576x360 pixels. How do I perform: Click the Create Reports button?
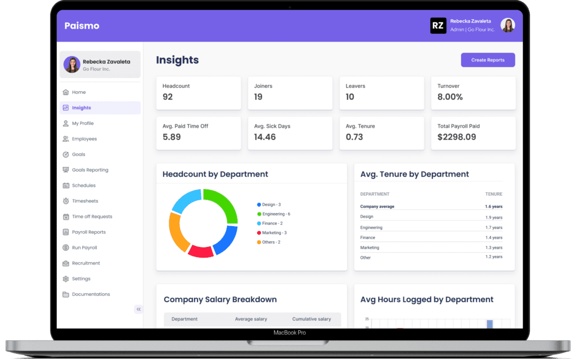pyautogui.click(x=488, y=60)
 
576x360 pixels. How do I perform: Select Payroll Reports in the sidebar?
pyautogui.click(x=88, y=232)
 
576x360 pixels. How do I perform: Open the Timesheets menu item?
pyautogui.click(x=84, y=201)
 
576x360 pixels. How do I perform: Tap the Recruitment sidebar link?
pyautogui.click(x=85, y=263)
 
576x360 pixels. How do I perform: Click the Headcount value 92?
pyautogui.click(x=168, y=97)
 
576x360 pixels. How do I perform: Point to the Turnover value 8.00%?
pyautogui.click(x=450, y=97)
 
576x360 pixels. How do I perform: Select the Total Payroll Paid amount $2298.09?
pyautogui.click(x=457, y=137)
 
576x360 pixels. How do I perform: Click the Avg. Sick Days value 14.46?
pyautogui.click(x=265, y=137)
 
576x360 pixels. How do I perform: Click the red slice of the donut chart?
pyautogui.click(x=200, y=251)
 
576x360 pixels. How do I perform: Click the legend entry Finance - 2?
pyautogui.click(x=272, y=223)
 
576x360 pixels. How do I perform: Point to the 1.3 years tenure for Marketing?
pyautogui.click(x=493, y=247)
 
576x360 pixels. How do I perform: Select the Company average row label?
pyautogui.click(x=377, y=206)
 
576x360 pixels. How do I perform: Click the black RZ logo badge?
pyautogui.click(x=438, y=26)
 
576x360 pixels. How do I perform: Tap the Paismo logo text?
pyautogui.click(x=82, y=26)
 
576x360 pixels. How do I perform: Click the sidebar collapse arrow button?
pyautogui.click(x=138, y=309)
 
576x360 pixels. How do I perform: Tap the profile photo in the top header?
pyautogui.click(x=508, y=25)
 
